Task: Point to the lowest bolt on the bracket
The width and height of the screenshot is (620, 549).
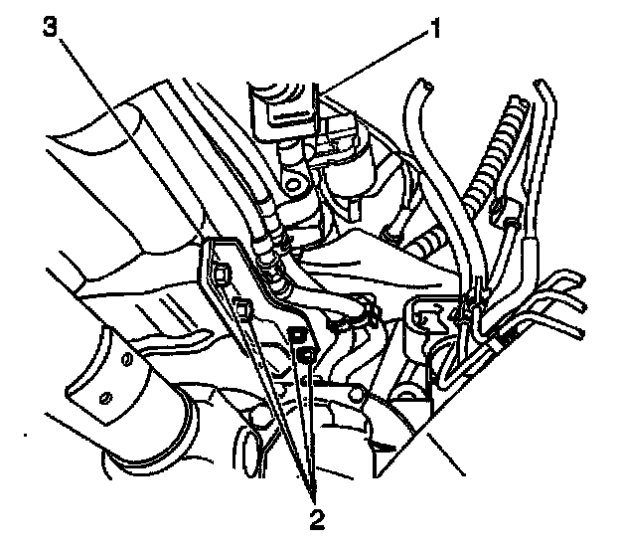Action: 307,353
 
